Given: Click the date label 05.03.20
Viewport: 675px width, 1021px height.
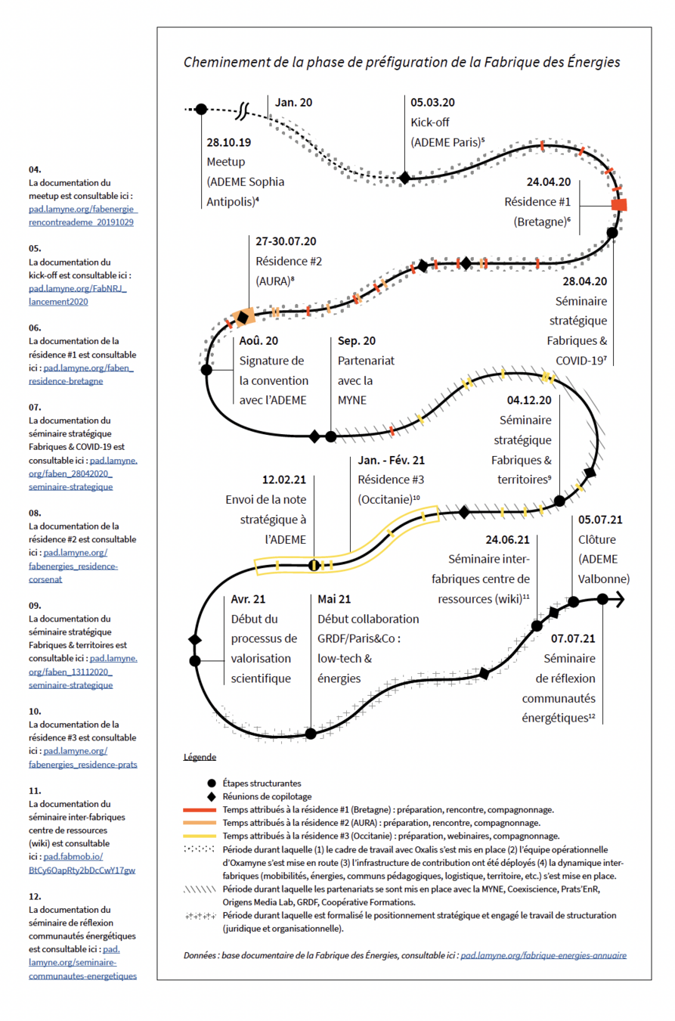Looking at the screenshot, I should (x=433, y=102).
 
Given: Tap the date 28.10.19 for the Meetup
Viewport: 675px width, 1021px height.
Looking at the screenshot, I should (x=230, y=141).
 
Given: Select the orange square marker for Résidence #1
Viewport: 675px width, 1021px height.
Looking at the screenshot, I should (x=619, y=205).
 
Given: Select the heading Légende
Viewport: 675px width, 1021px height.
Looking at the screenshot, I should (x=200, y=757).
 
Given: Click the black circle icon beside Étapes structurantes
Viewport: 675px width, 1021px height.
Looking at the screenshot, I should (x=210, y=784).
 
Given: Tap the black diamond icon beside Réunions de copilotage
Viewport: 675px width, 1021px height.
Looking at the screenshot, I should (x=210, y=796).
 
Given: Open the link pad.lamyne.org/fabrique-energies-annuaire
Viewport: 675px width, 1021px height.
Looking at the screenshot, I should (x=543, y=956).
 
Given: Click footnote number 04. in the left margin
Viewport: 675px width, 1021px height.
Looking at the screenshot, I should (x=35, y=169).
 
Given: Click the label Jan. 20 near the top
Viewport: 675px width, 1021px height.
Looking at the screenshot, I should (x=293, y=102).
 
